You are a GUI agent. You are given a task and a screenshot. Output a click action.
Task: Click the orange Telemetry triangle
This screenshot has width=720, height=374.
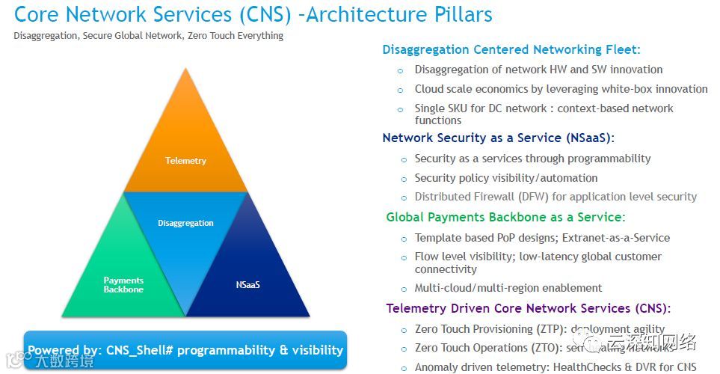click(185, 150)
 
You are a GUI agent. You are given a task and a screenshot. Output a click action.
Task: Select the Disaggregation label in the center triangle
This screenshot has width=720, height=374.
click(185, 223)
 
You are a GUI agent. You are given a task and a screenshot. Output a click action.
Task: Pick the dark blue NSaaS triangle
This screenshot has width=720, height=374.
click(247, 280)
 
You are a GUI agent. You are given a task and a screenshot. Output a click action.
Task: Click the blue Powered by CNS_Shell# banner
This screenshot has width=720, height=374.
click(185, 350)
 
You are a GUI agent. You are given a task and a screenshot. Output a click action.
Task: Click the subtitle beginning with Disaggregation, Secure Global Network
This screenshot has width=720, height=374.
click(149, 36)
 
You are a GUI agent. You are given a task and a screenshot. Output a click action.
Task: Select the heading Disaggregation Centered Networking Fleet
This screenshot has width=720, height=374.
click(511, 50)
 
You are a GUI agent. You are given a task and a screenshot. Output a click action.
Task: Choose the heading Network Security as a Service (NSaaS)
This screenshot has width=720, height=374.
click(497, 138)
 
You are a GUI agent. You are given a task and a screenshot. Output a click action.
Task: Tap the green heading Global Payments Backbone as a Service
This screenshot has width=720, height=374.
click(505, 218)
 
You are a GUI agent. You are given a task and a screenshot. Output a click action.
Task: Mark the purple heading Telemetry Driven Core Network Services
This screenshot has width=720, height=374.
click(528, 308)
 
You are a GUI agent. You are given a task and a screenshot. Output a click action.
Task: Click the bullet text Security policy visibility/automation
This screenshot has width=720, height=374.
click(506, 178)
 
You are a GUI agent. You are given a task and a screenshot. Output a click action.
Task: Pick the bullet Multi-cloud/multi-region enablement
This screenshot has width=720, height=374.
click(508, 288)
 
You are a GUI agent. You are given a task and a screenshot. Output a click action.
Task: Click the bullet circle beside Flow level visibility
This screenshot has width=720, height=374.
click(401, 257)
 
